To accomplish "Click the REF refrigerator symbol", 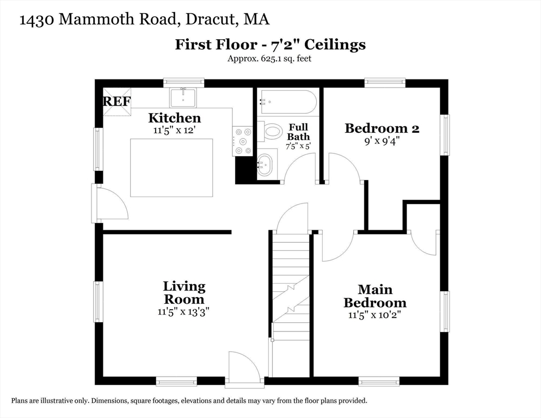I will point(117,102).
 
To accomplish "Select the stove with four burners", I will point(243,141).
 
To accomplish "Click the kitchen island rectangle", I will point(171,168).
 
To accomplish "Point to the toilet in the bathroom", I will point(271,132).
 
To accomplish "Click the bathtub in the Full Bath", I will point(287,101).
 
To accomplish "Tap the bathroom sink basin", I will point(265,164).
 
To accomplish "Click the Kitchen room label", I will point(174,118).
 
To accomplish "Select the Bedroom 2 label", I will point(382,128).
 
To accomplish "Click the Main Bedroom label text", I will point(374,296).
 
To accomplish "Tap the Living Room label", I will point(184,293).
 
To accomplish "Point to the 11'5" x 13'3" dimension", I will point(184,312).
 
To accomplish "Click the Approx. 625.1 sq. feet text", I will point(269,59).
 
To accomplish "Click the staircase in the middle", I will point(290,305).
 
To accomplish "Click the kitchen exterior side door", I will point(109,204).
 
